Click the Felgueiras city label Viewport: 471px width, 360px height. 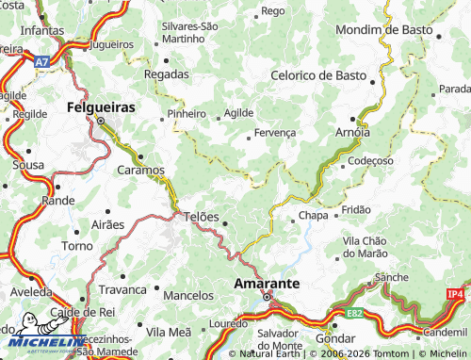(x=101, y=107)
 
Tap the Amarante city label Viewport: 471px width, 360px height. (x=267, y=283)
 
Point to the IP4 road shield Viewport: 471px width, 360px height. (x=456, y=295)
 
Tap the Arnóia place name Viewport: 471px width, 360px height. (x=353, y=133)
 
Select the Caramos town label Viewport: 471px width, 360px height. (x=140, y=171)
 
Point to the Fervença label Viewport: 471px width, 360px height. (x=275, y=134)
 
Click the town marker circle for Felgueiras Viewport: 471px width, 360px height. (x=101, y=120)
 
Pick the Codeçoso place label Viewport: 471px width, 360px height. (x=371, y=161)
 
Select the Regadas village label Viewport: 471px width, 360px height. (x=166, y=73)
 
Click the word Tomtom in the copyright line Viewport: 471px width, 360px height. (x=374, y=353)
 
